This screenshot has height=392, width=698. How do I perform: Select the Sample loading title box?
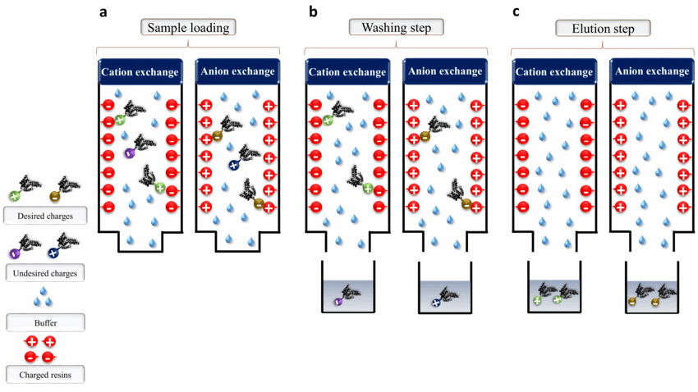pos(189,27)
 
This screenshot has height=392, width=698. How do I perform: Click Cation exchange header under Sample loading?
pos(140,72)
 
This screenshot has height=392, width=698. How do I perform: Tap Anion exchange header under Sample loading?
pos(238,71)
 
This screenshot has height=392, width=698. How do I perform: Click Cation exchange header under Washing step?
pos(347,72)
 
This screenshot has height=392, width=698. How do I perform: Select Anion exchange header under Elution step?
pos(652,71)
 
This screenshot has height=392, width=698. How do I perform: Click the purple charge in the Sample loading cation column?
pos(129,153)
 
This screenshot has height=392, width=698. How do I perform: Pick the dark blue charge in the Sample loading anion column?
pos(233,165)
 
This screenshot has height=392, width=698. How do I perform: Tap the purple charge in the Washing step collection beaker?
pos(338,302)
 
